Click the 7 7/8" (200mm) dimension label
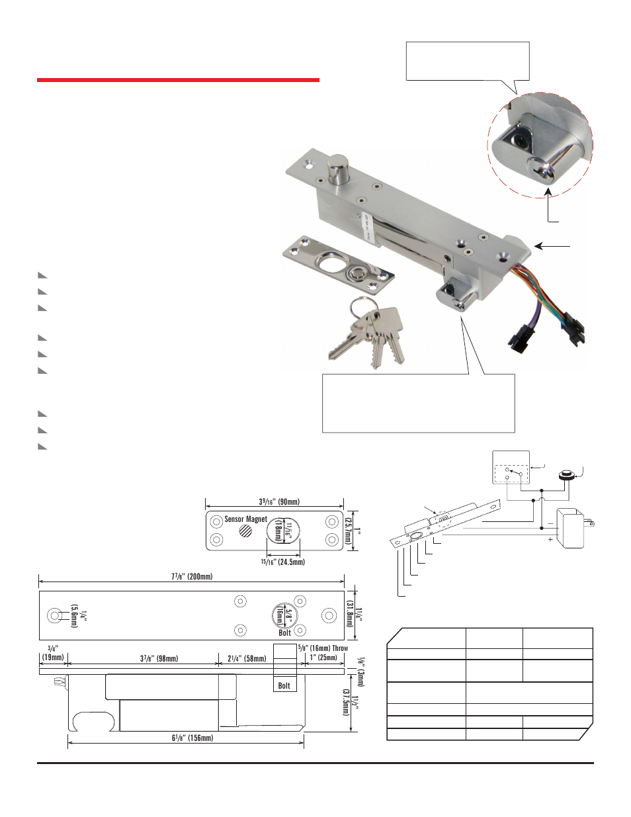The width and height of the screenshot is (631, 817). tap(191, 576)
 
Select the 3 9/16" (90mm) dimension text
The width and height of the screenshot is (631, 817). tap(278, 502)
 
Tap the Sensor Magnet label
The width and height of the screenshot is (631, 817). tap(245, 519)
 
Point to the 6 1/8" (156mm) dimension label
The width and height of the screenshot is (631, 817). tap(191, 738)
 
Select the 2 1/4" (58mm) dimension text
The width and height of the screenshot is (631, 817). tap(247, 658)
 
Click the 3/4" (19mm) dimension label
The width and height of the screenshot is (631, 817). tap(52, 653)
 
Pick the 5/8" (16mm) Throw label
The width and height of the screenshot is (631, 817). tap(323, 648)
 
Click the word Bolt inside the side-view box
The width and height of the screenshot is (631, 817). tap(284, 685)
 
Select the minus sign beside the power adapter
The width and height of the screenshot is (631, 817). tap(550, 523)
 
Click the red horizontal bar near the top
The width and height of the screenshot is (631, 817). tap(178, 80)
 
